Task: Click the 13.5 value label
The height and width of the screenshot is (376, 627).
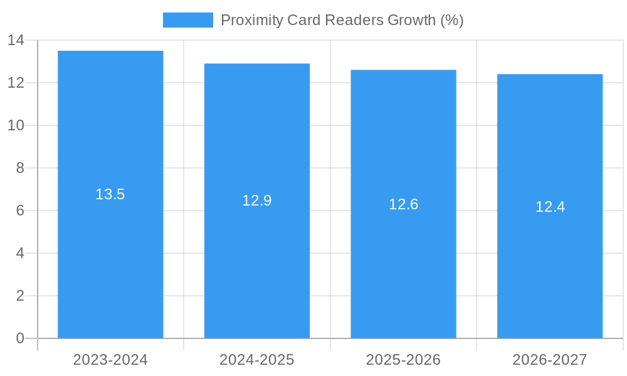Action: [110, 194]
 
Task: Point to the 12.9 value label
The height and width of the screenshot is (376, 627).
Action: [257, 201]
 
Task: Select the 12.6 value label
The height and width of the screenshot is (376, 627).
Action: [403, 204]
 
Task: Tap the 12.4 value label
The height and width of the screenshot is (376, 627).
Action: [550, 207]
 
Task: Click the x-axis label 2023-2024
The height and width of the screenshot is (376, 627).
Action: [110, 360]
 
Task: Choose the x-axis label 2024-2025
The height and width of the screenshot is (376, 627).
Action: [257, 360]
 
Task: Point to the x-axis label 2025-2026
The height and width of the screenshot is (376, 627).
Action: [403, 360]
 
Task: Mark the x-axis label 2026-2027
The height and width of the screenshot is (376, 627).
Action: [550, 360]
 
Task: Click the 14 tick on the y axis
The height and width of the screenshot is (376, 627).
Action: [16, 41]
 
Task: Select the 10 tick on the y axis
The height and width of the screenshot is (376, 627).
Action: [16, 125]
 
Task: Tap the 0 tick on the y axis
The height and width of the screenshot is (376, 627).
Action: [20, 338]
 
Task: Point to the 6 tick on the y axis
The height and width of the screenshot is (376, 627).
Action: [20, 211]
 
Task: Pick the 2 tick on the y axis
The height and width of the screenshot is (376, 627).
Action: [20, 296]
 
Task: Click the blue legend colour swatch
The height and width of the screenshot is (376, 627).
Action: [187, 20]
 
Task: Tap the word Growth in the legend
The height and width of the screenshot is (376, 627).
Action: [411, 20]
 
